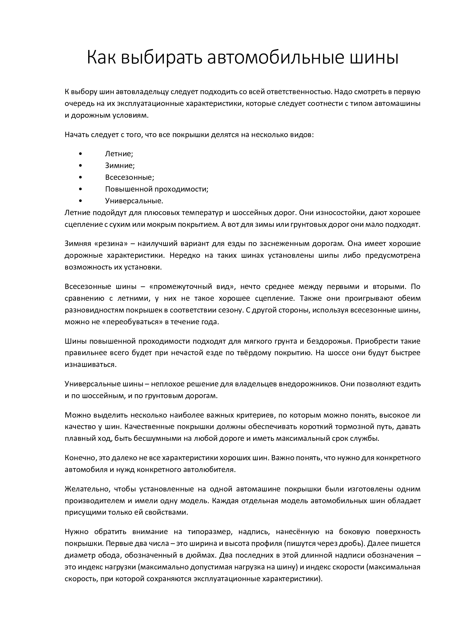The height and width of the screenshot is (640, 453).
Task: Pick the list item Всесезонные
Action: point(129,177)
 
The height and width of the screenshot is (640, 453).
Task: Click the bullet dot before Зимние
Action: point(81,166)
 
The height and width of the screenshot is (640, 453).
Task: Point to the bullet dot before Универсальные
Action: point(81,201)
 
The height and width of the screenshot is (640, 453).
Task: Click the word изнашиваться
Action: point(90,364)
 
